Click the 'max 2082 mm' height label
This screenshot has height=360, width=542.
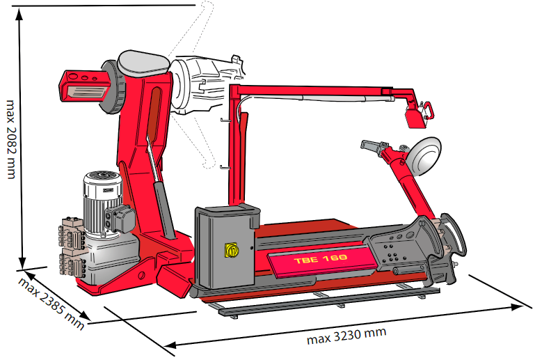(11, 139)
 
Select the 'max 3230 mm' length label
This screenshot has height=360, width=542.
(346, 336)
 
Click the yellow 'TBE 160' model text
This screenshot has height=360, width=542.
(321, 259)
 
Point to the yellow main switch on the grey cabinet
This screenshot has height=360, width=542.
(231, 250)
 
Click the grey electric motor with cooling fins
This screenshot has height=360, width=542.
(102, 203)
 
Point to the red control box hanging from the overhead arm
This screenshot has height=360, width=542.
(415, 118)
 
